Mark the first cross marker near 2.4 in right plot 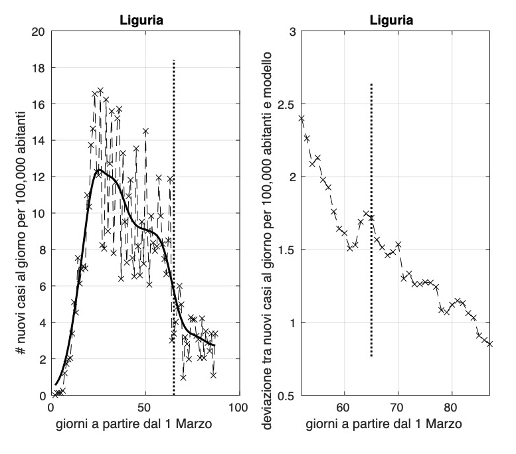[301, 119]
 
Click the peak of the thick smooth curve [98, 170]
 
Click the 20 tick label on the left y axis [39, 31]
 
